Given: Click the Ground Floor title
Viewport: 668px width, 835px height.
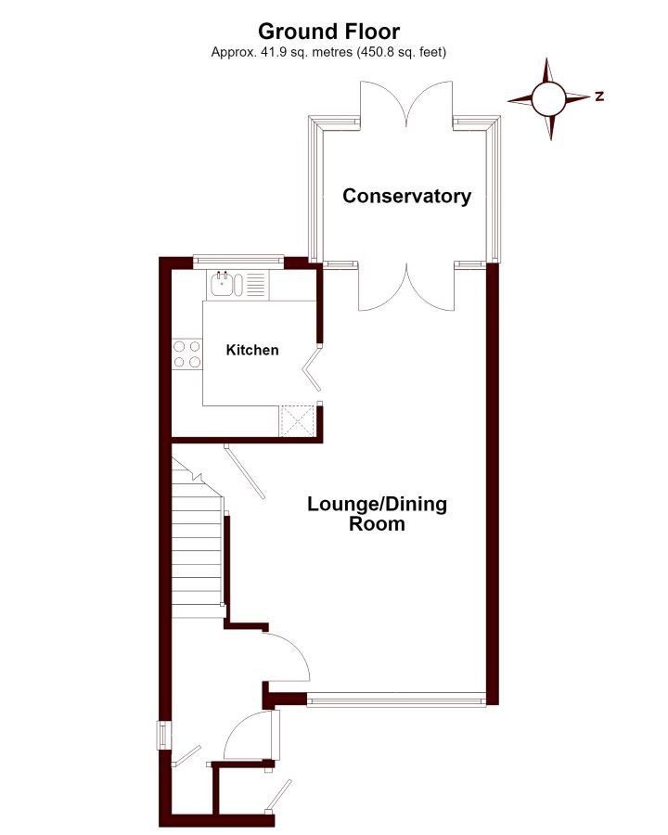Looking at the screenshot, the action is point(328,32).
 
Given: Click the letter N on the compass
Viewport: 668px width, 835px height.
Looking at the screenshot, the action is point(600,96).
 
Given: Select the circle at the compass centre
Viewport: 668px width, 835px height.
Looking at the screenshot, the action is point(548,98).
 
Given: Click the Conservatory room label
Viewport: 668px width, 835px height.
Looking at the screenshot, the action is point(407,196).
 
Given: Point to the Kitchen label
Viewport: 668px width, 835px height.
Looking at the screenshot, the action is point(252,350).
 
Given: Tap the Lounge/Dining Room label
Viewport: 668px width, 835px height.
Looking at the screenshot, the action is point(378,513).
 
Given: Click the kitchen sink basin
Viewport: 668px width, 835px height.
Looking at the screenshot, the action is point(222,284).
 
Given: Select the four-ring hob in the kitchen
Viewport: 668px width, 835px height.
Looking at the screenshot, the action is point(187,354).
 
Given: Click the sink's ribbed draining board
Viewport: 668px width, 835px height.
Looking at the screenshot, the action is point(255,284).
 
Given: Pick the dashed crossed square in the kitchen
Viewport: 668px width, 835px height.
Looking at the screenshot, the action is point(298,420).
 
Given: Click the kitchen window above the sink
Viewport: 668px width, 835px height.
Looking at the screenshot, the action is point(238,260).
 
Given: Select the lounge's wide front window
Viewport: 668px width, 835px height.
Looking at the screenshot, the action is point(396,699).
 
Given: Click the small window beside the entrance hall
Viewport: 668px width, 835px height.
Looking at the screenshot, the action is point(163,736).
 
